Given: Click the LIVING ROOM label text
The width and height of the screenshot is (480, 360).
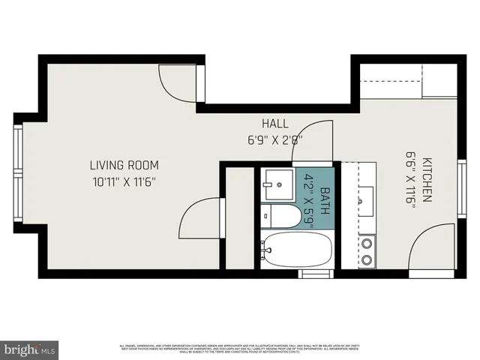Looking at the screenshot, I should tap(124, 165).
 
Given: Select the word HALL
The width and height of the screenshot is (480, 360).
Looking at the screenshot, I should tap(274, 124).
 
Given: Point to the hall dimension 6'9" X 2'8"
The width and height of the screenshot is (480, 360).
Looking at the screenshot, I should tap(274, 139).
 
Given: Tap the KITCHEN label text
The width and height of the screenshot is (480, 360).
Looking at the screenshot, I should tap(426, 180).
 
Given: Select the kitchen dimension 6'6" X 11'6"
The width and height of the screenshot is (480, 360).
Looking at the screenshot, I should tap(410, 180).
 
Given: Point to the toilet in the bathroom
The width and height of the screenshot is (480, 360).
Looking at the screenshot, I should tap(279, 215).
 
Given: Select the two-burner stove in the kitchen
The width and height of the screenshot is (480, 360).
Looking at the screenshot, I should tap(367, 251).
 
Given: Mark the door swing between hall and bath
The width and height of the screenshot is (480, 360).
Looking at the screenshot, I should tap(315, 142).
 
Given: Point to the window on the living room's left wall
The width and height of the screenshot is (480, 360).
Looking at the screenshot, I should tap(18, 175).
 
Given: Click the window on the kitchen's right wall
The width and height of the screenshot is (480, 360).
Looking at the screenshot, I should tap(461, 187).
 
